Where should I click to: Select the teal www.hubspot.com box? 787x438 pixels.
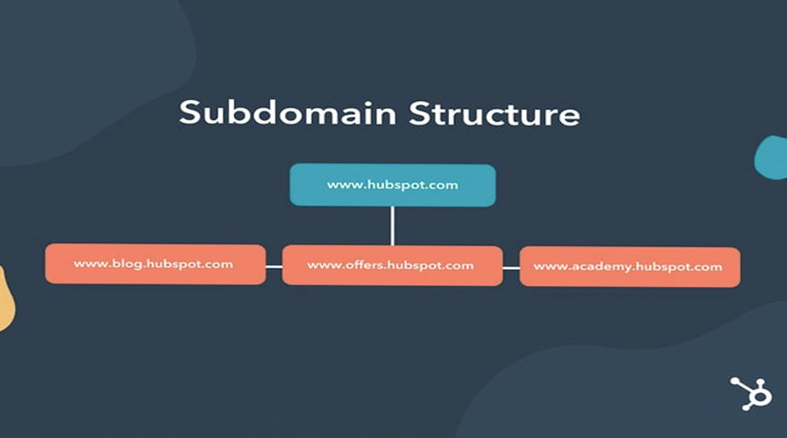point(392,184)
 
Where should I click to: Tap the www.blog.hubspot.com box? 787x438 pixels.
point(154,264)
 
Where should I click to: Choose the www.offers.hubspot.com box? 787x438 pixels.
point(392,265)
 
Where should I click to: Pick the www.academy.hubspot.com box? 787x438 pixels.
point(629,266)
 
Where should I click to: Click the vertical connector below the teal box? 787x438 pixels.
point(392,225)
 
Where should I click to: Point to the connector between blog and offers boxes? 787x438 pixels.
point(273,266)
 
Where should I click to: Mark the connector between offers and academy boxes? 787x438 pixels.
point(510,267)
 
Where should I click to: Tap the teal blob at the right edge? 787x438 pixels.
point(772,158)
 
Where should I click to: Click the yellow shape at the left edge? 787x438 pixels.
point(5,299)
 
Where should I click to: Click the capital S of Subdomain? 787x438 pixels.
point(189,114)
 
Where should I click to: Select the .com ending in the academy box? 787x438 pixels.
point(708,266)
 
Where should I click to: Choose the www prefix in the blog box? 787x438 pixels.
point(88,264)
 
